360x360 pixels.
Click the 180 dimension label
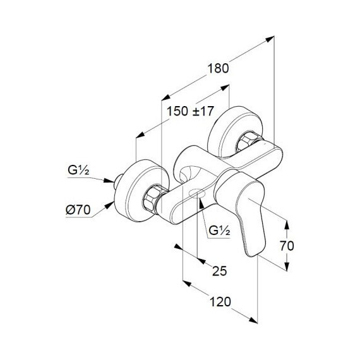coord(218,68)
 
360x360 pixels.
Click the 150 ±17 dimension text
coord(190,111)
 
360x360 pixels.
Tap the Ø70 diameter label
coord(78,210)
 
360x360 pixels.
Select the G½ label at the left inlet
coord(78,171)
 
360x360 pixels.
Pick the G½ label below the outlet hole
coord(219,231)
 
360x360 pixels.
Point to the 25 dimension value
coord(220,271)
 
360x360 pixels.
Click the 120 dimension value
coord(220,302)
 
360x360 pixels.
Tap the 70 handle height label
coord(287,246)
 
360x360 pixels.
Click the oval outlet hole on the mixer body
coord(197,193)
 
